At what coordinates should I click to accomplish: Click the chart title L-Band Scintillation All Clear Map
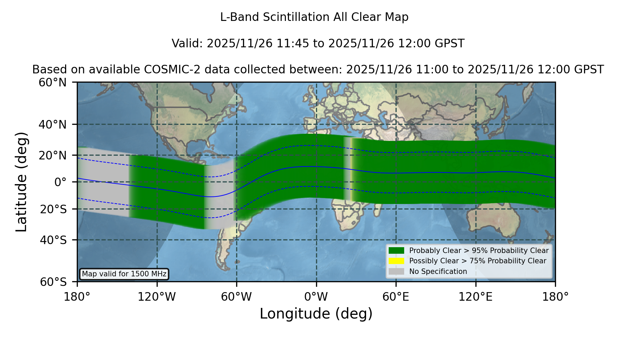314,17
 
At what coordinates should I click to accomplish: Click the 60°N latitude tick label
53,83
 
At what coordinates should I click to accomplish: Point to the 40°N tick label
53,124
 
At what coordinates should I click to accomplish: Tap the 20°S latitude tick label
53,209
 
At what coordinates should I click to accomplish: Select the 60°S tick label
53,282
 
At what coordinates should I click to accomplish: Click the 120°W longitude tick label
157,297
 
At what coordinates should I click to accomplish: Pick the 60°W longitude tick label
237,297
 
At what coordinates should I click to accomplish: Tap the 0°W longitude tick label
316,297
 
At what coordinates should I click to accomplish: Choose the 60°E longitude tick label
396,297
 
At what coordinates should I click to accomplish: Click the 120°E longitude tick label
475,297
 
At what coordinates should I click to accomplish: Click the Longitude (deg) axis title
316,314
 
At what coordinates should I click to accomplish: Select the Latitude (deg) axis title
22,182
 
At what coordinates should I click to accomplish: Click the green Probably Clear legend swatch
397,251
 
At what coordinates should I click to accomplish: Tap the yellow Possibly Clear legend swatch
397,261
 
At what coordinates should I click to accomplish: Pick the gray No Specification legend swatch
397,272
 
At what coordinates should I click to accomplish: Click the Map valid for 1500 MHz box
124,274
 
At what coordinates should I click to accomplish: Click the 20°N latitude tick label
53,156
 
